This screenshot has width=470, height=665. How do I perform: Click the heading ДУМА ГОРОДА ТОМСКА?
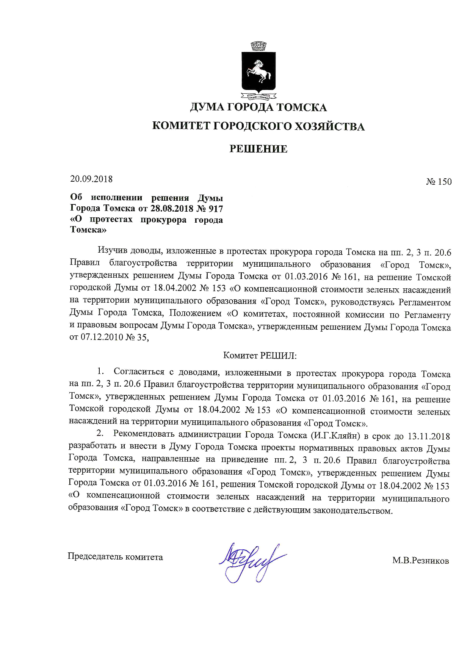[258, 107]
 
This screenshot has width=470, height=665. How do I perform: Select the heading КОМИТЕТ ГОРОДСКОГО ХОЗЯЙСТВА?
[258, 126]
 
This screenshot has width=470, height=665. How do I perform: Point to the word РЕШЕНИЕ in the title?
[258, 149]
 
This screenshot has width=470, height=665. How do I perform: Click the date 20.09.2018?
[91, 179]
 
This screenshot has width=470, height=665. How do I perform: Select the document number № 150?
[439, 182]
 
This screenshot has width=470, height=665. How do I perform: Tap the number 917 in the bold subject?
[215, 209]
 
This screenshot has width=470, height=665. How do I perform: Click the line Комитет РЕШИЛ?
[260, 355]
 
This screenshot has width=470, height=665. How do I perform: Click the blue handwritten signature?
[250, 561]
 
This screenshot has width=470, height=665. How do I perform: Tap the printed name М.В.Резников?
[420, 561]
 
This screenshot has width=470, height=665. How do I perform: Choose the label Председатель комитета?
[115, 557]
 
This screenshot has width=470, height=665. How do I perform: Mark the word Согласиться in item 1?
[139, 372]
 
